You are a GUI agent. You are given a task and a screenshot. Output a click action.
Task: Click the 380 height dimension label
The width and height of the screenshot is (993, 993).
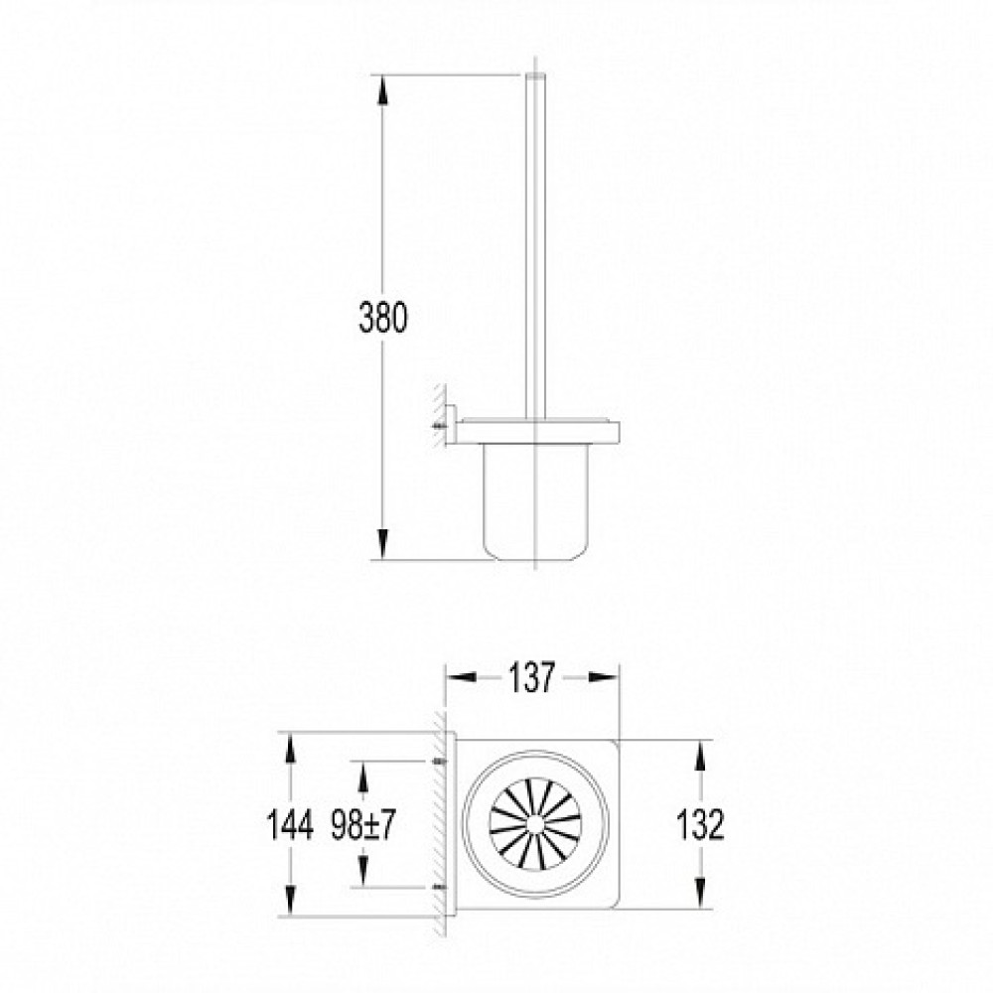coord(383,318)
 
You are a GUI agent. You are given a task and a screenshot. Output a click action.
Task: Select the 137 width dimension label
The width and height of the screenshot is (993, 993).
coord(532,677)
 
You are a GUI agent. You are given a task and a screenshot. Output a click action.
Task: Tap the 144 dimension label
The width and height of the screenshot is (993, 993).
coord(290,825)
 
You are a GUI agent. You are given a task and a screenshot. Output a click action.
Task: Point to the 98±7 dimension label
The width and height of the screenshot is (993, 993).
coord(363,825)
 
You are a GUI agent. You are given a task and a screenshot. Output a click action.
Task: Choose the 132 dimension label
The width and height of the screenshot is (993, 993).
coord(700,824)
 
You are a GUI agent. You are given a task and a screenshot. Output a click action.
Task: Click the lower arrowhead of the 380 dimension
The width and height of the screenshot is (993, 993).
coord(383,544)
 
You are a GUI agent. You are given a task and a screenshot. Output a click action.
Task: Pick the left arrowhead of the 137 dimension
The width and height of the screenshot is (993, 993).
coord(462,677)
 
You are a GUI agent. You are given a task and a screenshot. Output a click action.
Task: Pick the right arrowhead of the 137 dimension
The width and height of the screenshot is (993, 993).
coord(604,677)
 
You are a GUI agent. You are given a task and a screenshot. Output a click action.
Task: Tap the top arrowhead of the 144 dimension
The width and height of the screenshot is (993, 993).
coord(290,748)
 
